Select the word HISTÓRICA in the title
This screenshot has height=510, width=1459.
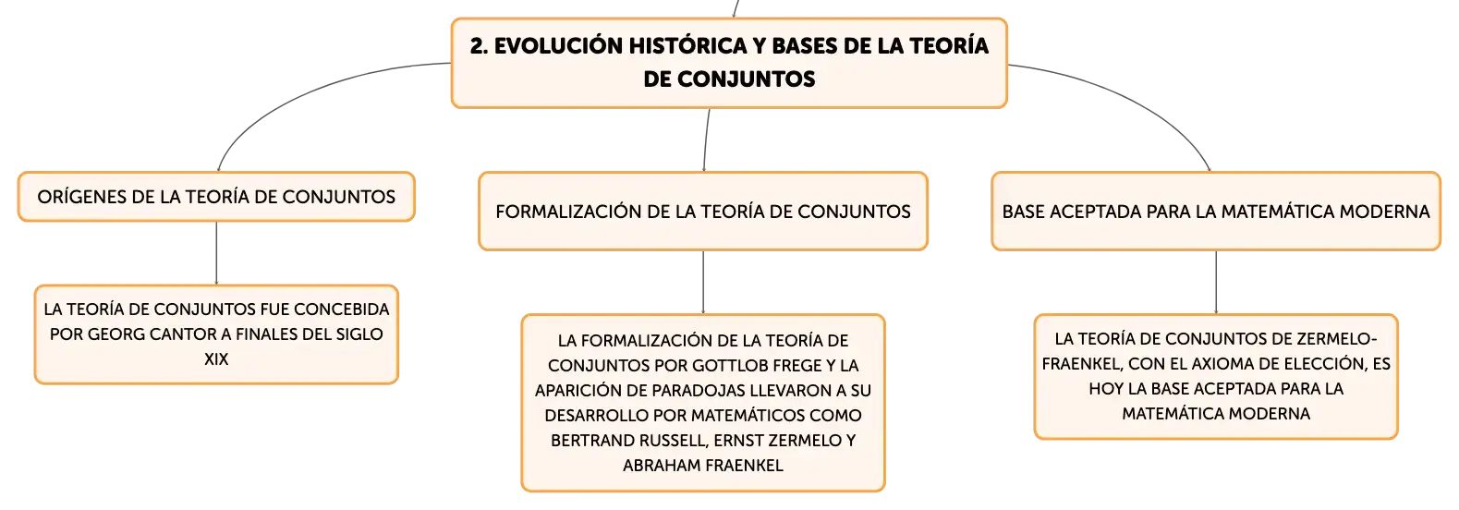687,45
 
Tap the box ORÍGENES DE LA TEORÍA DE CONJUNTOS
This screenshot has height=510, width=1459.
216,197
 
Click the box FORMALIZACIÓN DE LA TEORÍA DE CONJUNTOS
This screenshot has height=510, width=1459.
703,211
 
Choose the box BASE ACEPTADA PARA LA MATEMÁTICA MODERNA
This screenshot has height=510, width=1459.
1215,211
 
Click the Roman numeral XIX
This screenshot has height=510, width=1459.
216,358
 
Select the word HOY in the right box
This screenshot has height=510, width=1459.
1105,389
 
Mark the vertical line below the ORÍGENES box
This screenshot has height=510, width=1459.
216,253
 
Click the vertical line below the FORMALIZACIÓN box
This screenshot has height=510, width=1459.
703,283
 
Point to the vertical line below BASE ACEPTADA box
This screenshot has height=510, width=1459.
1215,283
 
